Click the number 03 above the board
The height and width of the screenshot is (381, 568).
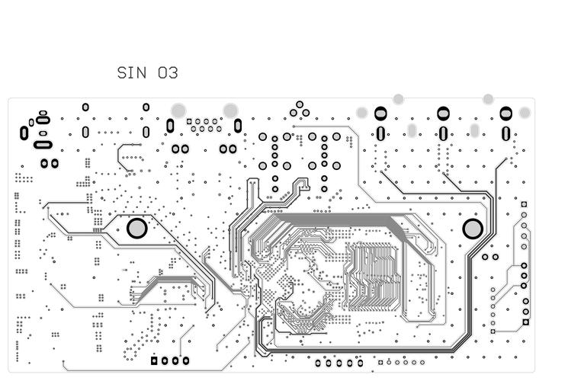click(168, 73)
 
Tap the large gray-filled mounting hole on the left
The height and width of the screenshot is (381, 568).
click(136, 228)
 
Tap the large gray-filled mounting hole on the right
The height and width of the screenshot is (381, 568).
click(473, 229)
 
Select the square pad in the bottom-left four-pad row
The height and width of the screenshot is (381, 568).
click(154, 361)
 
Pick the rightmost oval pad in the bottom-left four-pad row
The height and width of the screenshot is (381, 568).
click(185, 361)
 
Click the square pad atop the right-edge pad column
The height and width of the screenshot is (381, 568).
click(524, 204)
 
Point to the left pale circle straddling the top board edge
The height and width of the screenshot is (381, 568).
click(398, 99)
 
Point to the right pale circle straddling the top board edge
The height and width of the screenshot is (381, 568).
click(488, 99)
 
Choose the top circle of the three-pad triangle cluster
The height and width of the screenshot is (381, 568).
click(300, 104)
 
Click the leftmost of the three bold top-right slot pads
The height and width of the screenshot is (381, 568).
click(380, 114)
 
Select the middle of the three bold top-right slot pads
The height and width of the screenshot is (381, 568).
click(443, 114)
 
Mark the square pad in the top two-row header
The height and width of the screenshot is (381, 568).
click(190, 121)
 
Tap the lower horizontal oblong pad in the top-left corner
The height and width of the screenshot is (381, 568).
click(43, 144)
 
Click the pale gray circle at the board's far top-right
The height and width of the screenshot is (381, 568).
click(525, 113)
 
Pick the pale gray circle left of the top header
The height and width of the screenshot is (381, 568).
click(178, 110)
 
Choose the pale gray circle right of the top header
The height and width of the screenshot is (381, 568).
click(230, 110)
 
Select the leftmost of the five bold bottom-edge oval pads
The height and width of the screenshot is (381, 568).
click(318, 363)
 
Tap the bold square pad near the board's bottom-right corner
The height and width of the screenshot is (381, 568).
click(525, 322)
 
